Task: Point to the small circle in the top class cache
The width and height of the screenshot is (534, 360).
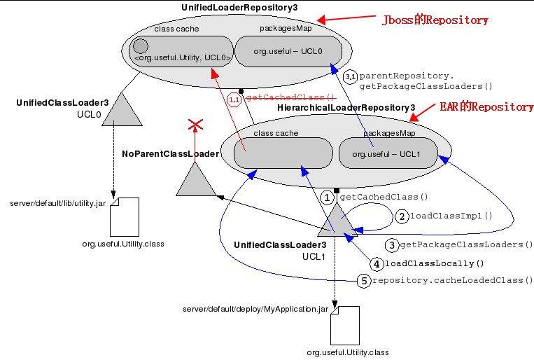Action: (x=140, y=46)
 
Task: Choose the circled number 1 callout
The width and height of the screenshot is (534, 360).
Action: (x=328, y=198)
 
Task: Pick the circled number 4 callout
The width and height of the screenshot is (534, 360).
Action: (x=377, y=264)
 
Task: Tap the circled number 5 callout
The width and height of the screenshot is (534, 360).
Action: (x=363, y=280)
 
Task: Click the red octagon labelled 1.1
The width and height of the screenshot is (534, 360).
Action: (x=234, y=100)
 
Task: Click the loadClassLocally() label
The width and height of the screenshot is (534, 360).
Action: (x=435, y=264)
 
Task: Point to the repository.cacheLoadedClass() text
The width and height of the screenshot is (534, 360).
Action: (x=452, y=280)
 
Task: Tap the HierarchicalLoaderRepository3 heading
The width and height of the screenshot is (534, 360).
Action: (x=346, y=107)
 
